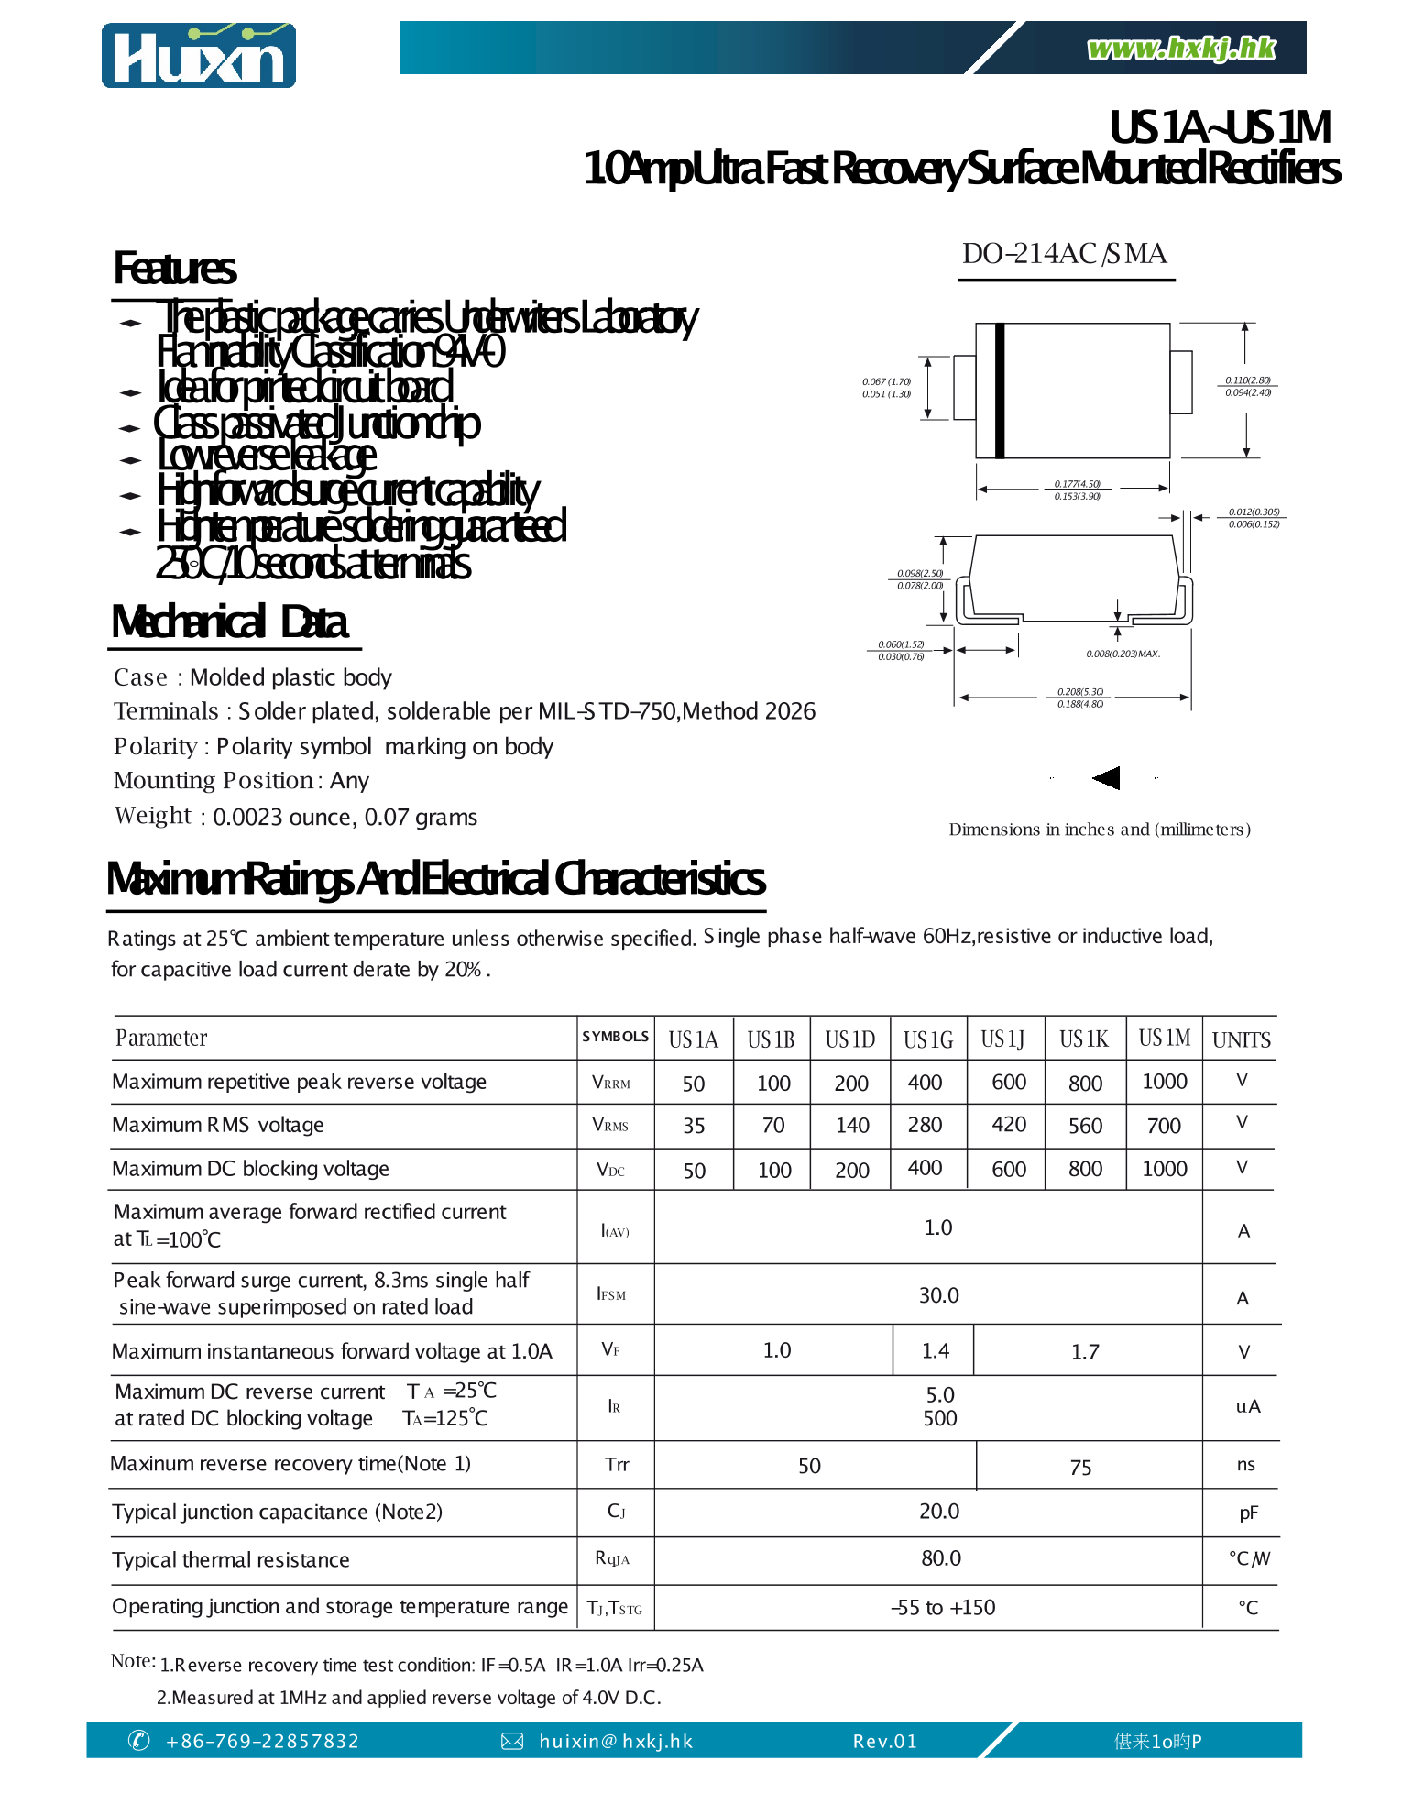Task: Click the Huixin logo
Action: [x=199, y=56]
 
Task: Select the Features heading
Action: [x=174, y=269]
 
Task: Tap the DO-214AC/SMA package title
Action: [x=1064, y=254]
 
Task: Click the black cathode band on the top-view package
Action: [x=1000, y=390]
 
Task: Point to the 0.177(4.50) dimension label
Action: [x=1077, y=483]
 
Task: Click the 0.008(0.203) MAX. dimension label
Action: [x=1123, y=654]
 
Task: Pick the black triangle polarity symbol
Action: [x=1107, y=778]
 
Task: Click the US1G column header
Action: [x=927, y=1039]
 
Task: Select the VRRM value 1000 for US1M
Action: [x=1164, y=1082]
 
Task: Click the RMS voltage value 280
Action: [x=925, y=1125]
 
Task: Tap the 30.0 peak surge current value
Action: [x=938, y=1295]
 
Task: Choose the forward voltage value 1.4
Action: [x=935, y=1350]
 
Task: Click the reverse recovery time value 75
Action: [x=1080, y=1468]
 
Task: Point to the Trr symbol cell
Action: [x=617, y=1464]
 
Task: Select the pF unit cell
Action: [x=1247, y=1512]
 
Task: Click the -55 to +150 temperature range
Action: [x=943, y=1607]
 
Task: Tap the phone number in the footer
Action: [x=262, y=1741]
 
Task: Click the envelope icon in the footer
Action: [x=512, y=1741]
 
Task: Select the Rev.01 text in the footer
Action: [x=884, y=1741]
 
